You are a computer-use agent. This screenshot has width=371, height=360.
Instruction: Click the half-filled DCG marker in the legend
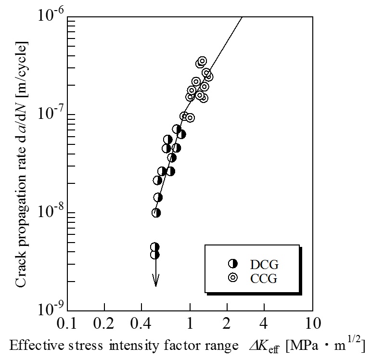(x=233, y=263)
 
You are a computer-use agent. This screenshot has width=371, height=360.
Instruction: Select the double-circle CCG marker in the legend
(x=233, y=277)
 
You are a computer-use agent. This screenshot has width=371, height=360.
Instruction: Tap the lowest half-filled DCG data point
(x=154, y=255)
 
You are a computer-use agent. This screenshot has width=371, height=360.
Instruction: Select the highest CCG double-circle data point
(x=202, y=61)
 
